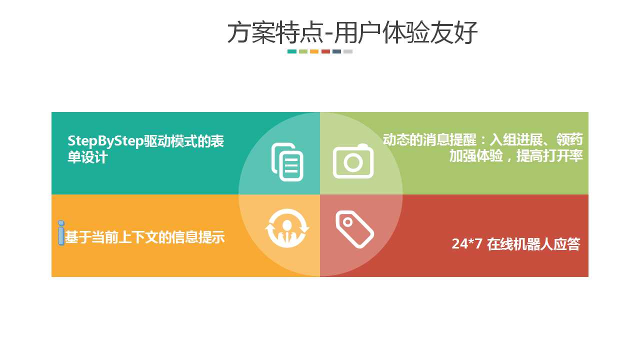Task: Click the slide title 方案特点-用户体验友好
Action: (352, 32)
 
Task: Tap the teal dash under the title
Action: (291, 51)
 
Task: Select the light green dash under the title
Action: (303, 51)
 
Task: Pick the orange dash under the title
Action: (314, 51)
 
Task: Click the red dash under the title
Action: (325, 51)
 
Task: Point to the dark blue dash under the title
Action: (337, 51)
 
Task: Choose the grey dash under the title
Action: (348, 51)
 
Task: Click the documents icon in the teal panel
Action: (287, 162)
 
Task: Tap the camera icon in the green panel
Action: (353, 161)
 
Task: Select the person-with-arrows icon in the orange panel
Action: (287, 228)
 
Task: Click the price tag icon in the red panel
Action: (354, 229)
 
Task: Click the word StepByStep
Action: (105, 141)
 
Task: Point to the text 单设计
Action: (87, 157)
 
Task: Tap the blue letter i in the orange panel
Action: (61, 233)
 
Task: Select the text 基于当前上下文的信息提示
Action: (145, 237)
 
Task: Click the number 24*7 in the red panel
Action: (467, 243)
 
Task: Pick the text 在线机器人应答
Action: (533, 244)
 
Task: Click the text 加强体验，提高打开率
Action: (516, 156)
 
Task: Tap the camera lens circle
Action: (353, 162)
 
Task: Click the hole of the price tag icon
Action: (347, 222)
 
